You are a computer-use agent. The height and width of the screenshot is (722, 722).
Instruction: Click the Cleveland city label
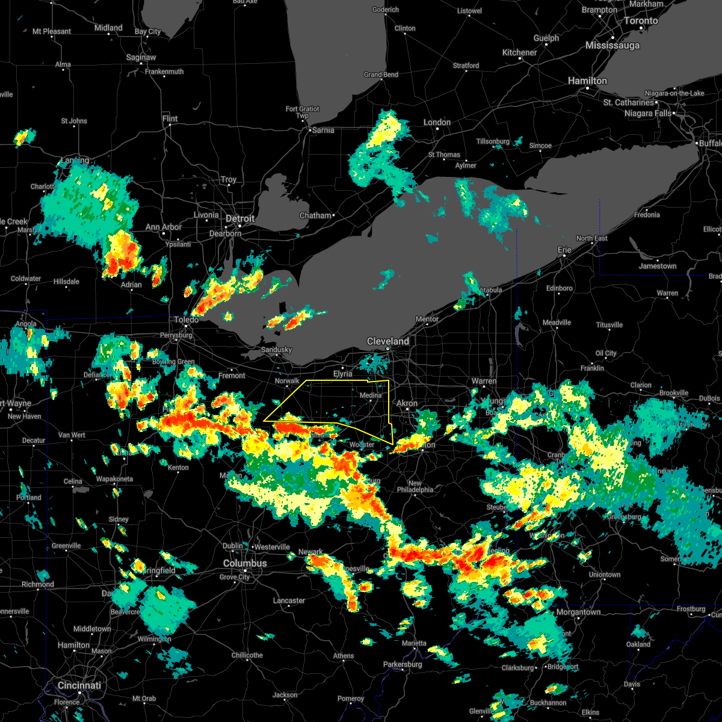pyautogui.click(x=388, y=341)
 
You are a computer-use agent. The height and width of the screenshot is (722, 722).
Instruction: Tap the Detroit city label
pyautogui.click(x=240, y=218)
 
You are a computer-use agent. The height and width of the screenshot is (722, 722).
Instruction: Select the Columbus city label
pyautogui.click(x=245, y=563)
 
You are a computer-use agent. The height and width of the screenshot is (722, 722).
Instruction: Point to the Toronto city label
pyautogui.click(x=640, y=20)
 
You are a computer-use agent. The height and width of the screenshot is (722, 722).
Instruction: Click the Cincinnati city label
pyautogui.click(x=79, y=685)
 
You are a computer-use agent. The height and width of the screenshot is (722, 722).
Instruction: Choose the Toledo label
pyautogui.click(x=187, y=320)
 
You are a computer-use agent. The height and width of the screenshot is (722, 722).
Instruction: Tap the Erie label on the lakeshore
pyautogui.click(x=564, y=250)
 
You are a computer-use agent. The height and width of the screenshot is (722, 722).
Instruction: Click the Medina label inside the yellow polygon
pyautogui.click(x=371, y=395)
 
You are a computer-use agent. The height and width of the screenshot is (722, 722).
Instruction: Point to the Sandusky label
pyautogui.click(x=276, y=350)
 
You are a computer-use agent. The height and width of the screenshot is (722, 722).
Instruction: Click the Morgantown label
pyautogui.click(x=578, y=612)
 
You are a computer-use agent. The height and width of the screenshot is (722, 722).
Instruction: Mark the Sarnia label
pyautogui.click(x=323, y=130)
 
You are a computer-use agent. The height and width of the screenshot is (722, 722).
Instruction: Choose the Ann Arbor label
pyautogui.click(x=164, y=227)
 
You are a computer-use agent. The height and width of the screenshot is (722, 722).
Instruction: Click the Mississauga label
pyautogui.click(x=612, y=45)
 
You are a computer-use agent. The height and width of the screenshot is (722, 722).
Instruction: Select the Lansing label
pyautogui.click(x=75, y=161)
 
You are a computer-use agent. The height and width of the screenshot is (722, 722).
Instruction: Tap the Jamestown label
pyautogui.click(x=658, y=266)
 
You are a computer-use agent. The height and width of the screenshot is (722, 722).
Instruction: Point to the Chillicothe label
pyautogui.click(x=247, y=655)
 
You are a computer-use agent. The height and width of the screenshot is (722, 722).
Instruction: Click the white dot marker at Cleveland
pyautogui.click(x=388, y=349)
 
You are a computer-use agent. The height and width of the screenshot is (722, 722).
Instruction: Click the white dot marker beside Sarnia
pyautogui.click(x=309, y=130)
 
